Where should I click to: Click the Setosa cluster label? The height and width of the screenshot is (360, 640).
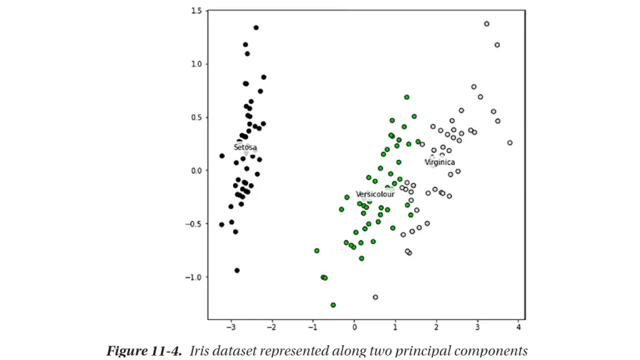[245, 147]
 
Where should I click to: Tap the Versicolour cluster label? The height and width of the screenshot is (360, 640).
[375, 194]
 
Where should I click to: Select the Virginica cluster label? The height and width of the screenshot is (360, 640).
[440, 162]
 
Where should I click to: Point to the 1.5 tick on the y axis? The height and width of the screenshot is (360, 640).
[196, 11]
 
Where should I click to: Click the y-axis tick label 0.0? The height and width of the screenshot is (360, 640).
[196, 171]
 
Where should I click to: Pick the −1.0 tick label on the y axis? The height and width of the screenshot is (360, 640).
[194, 277]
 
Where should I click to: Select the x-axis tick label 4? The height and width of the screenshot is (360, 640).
[518, 327]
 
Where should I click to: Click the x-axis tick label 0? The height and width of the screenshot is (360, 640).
[354, 327]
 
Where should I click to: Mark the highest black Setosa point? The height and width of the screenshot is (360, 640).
[256, 27]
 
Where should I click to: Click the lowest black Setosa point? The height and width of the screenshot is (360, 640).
[237, 271]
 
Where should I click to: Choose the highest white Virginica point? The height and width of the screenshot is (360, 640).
[486, 24]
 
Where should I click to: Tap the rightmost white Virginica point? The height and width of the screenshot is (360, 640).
[509, 142]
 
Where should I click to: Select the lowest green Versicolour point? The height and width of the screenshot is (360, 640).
[333, 305]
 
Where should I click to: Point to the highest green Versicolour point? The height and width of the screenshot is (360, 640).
[406, 97]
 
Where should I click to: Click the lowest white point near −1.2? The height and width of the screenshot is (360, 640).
[375, 297]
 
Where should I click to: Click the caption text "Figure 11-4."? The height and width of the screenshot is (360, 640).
[145, 351]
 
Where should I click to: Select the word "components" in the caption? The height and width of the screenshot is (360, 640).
[493, 351]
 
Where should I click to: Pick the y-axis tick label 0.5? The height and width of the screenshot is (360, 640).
[196, 117]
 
